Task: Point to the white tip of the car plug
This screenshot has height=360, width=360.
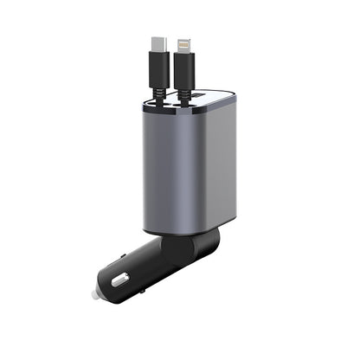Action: [93, 295]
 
